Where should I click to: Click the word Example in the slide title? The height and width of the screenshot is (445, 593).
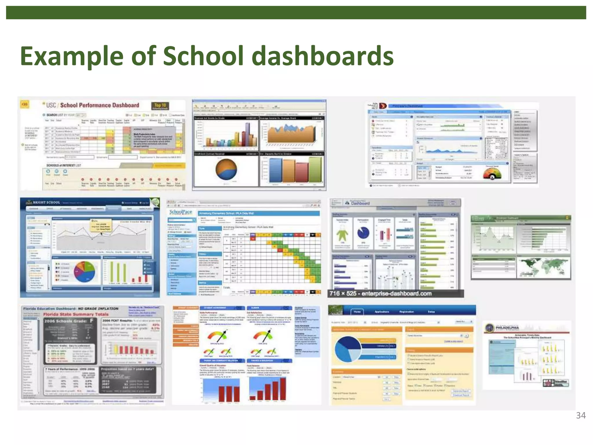click(72, 56)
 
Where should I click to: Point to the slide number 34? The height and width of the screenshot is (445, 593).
click(581, 415)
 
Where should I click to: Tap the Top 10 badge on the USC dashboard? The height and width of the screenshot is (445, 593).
click(160, 106)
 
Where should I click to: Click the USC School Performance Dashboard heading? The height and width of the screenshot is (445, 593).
click(93, 105)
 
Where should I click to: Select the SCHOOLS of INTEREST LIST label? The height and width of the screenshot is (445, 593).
click(64, 165)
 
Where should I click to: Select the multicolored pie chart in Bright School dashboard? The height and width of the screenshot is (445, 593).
click(85, 272)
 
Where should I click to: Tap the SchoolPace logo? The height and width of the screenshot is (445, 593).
click(181, 212)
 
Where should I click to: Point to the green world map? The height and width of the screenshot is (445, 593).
click(543, 267)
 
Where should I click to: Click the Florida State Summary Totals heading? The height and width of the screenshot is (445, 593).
click(76, 314)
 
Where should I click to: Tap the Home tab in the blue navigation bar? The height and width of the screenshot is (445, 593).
click(357, 312)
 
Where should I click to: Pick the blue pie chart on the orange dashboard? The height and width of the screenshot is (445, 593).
click(348, 349)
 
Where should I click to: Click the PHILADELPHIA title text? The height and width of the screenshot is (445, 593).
click(507, 328)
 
